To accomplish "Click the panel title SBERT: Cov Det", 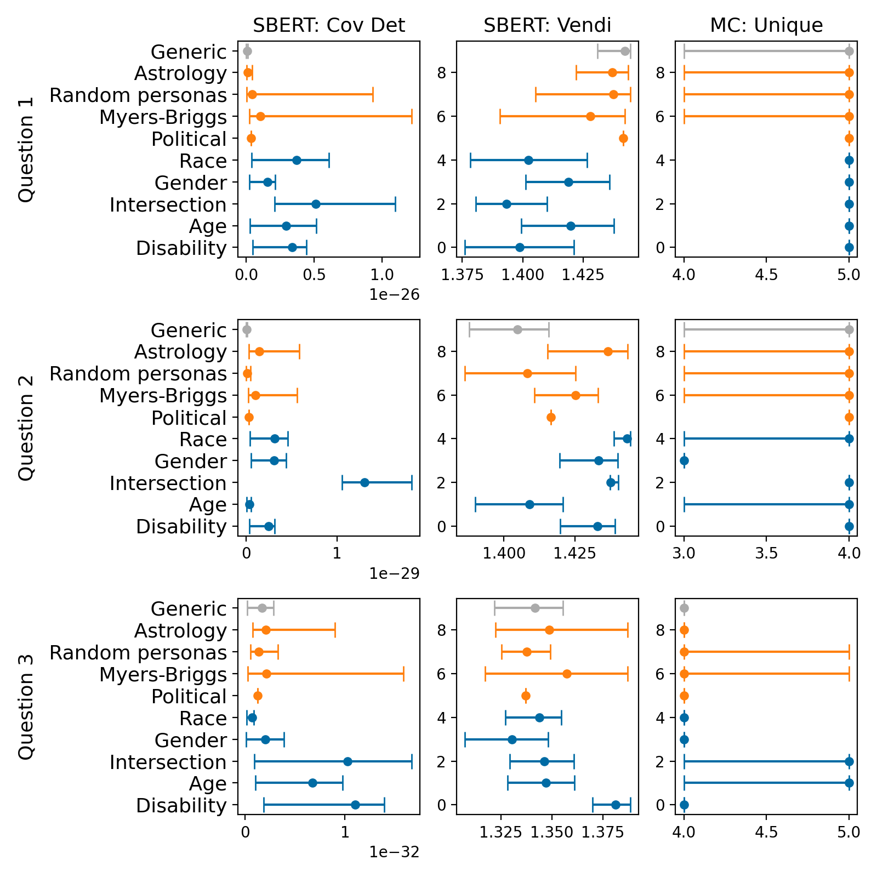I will [328, 25].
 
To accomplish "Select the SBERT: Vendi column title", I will [547, 25].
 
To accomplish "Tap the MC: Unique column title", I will [766, 25].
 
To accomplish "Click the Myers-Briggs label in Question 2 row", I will [163, 396].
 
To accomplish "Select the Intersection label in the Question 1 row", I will [168, 205].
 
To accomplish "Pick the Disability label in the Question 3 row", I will [181, 806].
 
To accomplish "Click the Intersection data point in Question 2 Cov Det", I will [365, 482].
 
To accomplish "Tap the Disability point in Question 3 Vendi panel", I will [616, 805].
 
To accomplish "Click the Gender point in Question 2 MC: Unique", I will [684, 460].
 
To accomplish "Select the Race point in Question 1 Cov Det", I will [297, 160].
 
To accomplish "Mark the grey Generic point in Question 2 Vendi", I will [517, 329].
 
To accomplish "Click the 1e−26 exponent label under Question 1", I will [394, 295].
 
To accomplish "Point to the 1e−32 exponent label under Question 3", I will [394, 852].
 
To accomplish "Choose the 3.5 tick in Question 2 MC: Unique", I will [766, 553].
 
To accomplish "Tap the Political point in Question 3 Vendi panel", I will [526, 696].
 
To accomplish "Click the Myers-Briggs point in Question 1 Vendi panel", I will [590, 116].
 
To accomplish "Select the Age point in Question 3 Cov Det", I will [312, 783].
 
